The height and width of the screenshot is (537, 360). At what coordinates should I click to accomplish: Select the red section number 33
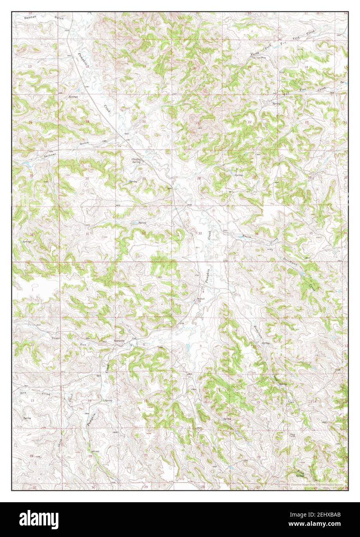click(200, 233)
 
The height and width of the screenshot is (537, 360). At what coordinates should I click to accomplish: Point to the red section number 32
click(143, 233)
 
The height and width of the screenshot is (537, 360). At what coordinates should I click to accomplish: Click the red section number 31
click(87, 234)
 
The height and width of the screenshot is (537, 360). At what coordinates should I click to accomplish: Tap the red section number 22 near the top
click(250, 122)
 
